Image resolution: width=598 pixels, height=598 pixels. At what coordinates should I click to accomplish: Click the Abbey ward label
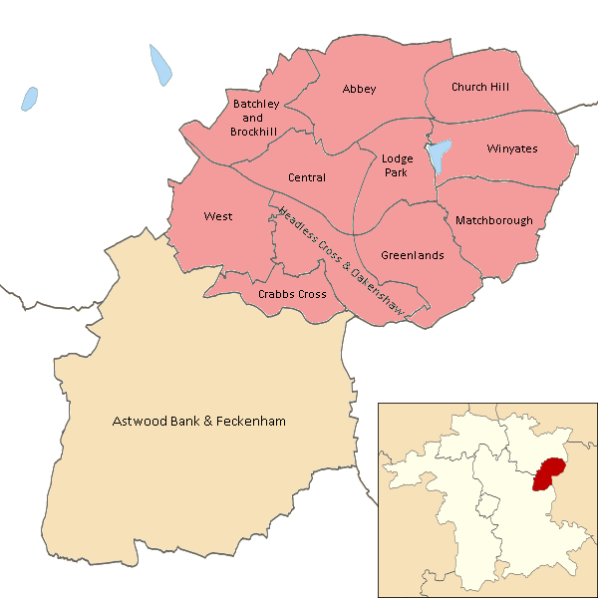click(359, 90)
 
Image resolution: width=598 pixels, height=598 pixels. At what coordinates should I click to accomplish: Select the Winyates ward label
click(511, 149)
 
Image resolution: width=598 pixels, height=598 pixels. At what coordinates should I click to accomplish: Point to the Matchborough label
click(493, 220)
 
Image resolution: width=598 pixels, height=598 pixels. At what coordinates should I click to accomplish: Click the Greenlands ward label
click(412, 255)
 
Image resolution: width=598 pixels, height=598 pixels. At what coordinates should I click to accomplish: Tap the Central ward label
click(306, 178)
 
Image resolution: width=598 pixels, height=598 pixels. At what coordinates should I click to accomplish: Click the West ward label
click(217, 216)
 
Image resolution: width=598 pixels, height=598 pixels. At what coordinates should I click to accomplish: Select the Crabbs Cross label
click(292, 295)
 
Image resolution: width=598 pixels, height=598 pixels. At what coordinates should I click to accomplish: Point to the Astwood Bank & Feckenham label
click(198, 422)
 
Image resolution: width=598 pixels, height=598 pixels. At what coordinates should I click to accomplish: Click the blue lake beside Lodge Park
click(437, 155)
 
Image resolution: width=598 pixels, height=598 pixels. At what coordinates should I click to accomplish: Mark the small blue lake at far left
click(30, 99)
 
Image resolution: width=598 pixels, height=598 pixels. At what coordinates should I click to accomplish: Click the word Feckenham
click(250, 422)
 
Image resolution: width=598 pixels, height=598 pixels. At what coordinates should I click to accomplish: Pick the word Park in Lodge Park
click(396, 172)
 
